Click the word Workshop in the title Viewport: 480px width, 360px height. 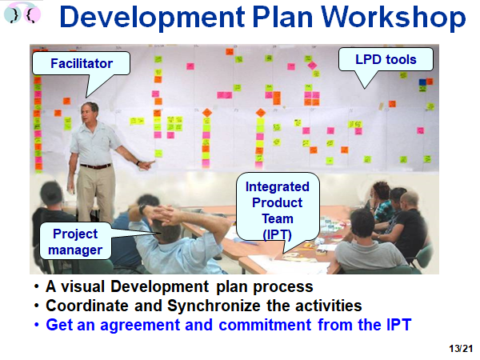(393, 18)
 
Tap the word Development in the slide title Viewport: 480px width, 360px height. (152, 18)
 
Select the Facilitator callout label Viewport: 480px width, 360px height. (82, 63)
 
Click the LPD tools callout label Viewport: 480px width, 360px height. (386, 59)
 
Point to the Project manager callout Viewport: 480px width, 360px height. (75, 242)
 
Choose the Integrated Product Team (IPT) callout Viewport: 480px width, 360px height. (278, 206)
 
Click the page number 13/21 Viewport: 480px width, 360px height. (461, 349)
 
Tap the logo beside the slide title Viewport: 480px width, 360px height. (22, 14)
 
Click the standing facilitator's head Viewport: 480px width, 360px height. (90, 112)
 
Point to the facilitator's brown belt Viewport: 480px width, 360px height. (95, 166)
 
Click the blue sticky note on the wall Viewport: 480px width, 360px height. (422, 82)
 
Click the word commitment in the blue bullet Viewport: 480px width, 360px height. (265, 325)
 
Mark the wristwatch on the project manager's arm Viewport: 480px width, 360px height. (142, 209)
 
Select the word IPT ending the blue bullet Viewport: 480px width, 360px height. (399, 325)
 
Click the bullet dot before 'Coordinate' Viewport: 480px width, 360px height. (37, 306)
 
